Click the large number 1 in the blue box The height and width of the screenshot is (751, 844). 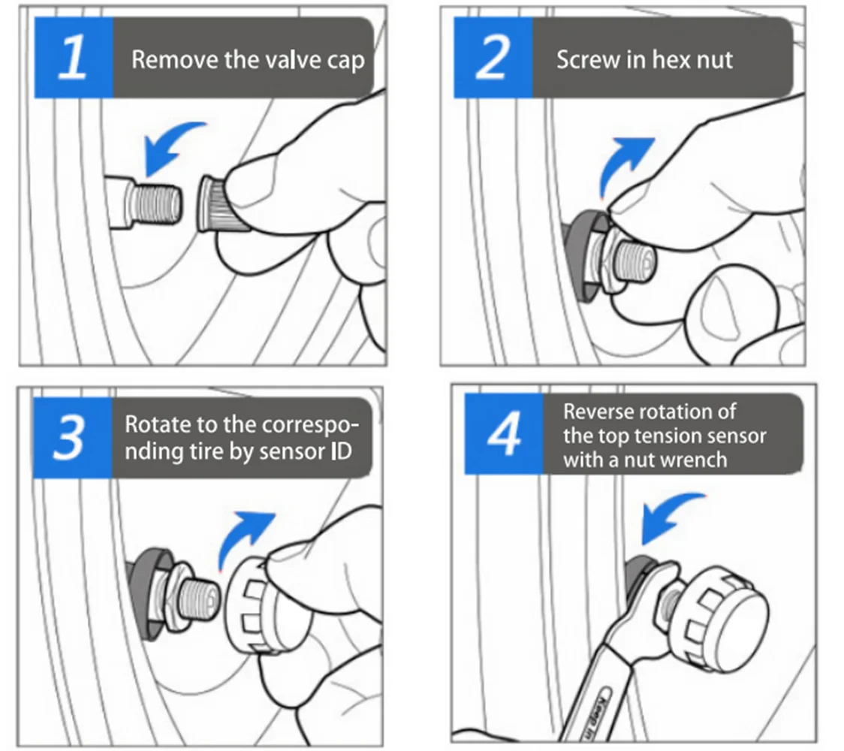pyautogui.click(x=73, y=57)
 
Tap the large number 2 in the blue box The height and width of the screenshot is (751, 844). pyautogui.click(x=493, y=57)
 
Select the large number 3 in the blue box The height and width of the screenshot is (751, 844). pyautogui.click(x=69, y=437)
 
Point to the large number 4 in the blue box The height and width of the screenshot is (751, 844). pyautogui.click(x=505, y=433)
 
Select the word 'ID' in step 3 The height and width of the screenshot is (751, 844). pyautogui.click(x=341, y=451)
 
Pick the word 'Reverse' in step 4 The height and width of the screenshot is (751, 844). pyautogui.click(x=597, y=412)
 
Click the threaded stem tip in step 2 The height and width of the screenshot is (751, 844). pyautogui.click(x=635, y=261)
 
